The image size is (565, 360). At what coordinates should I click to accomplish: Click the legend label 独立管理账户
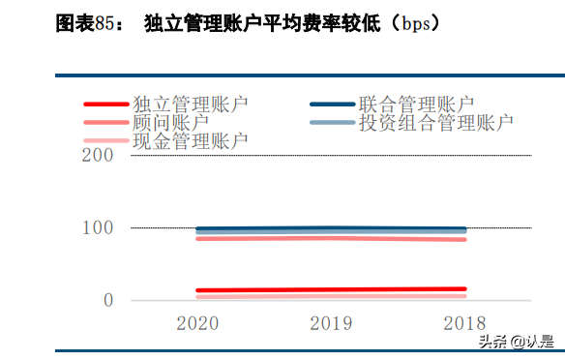(190, 103)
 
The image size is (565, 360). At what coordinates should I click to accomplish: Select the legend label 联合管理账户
(415, 103)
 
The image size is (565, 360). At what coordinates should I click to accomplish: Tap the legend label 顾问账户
(170, 122)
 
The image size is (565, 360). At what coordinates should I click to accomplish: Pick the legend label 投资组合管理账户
(434, 122)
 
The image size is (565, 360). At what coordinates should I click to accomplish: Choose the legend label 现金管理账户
(190, 141)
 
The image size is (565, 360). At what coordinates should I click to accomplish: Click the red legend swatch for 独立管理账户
(106, 104)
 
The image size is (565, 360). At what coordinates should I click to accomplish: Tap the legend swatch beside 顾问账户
(106, 123)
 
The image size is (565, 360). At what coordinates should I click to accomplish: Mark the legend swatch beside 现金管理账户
(106, 142)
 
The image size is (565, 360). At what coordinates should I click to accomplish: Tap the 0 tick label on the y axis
(108, 300)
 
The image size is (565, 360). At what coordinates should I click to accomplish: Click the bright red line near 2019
(331, 289)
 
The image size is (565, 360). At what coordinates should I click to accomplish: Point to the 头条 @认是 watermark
(519, 341)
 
